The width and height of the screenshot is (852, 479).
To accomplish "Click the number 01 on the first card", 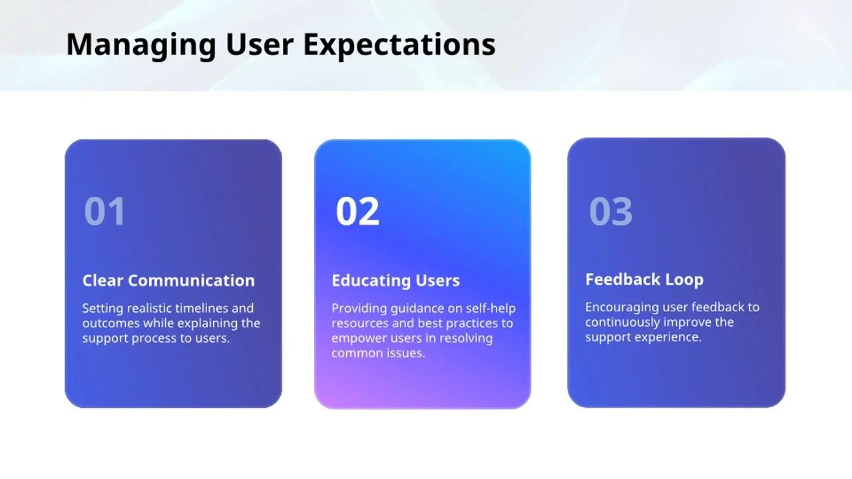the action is pos(105,211).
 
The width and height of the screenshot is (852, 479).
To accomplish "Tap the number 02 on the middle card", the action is pos(357,211).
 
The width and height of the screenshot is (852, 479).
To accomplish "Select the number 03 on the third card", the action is pos(611,211).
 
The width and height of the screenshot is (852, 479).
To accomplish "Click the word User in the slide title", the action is pos(260,45).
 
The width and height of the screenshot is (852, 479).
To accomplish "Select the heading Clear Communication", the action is pos(168,281).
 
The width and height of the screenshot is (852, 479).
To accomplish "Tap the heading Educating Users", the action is pos(395,281).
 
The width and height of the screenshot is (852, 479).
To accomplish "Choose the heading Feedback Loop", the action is pos(644,280).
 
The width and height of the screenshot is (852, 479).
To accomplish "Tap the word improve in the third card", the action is pos(686,323).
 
